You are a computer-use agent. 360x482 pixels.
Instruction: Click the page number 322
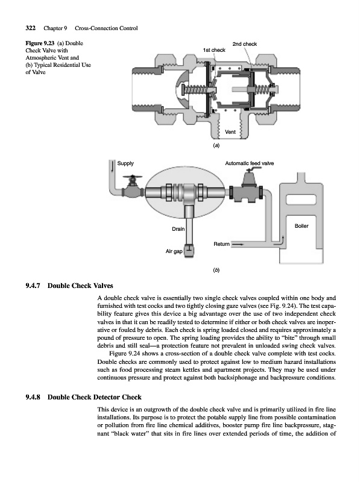click(31, 28)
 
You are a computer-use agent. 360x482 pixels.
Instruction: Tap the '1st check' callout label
click(214, 50)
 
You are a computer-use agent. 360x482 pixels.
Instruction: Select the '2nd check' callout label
click(245, 44)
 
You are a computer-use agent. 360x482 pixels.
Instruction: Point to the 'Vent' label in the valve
click(230, 132)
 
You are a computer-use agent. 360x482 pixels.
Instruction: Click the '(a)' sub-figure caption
click(216, 145)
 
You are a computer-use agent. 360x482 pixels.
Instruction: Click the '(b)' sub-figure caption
click(216, 270)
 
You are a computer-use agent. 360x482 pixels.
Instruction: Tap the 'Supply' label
click(125, 163)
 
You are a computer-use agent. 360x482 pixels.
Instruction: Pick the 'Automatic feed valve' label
click(249, 163)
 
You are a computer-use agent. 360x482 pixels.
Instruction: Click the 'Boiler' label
click(302, 226)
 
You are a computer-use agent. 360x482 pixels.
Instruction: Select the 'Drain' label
click(178, 229)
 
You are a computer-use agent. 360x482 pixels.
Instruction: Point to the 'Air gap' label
click(174, 251)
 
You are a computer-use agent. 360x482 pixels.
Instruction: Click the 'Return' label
click(221, 244)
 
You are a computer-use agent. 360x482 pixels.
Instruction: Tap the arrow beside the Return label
click(238, 245)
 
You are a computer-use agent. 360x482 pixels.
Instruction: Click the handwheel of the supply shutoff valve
click(132, 177)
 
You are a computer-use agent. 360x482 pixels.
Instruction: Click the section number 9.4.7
click(33, 286)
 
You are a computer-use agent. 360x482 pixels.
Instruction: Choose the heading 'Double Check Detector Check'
click(95, 397)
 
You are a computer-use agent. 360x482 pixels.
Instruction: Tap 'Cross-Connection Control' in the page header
click(106, 28)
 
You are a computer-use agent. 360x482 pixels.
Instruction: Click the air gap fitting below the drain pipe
click(188, 250)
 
